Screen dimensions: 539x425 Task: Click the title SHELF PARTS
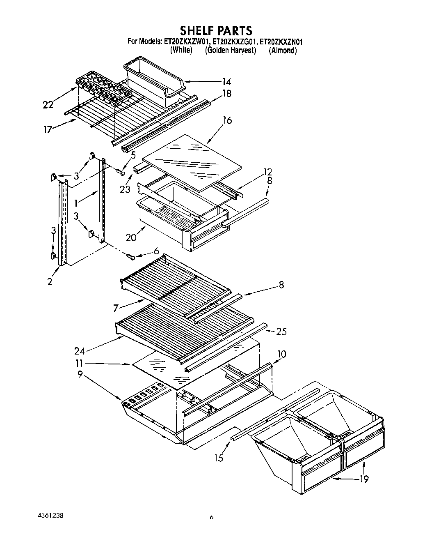216,30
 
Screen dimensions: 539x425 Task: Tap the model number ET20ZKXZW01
187,41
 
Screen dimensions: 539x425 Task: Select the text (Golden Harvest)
231,50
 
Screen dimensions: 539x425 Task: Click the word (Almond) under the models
283,50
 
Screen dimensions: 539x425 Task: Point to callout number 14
226,82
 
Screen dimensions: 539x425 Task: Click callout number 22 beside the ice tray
48,105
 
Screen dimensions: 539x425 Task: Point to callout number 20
132,237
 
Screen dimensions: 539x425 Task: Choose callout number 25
281,331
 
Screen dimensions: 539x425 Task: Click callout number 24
80,351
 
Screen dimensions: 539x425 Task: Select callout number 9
80,374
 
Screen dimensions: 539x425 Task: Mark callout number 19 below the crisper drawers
363,479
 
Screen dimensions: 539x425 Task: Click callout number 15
219,457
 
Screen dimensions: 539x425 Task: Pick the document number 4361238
49,515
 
